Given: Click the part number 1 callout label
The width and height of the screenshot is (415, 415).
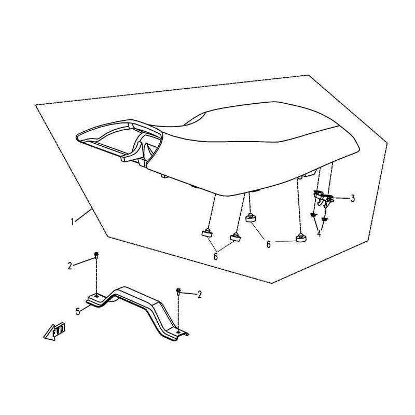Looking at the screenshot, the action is pyautogui.click(x=73, y=222).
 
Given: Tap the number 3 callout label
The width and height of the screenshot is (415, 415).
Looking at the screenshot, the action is pyautogui.click(x=353, y=199).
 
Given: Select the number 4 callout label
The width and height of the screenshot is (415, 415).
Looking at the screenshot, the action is pyautogui.click(x=319, y=233).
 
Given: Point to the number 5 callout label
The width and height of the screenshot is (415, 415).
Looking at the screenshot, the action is pyautogui.click(x=78, y=312).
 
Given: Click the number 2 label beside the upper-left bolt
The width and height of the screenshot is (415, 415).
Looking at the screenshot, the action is pyautogui.click(x=70, y=266).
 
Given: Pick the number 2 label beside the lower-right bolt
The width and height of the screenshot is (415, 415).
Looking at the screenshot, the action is pyautogui.click(x=199, y=294).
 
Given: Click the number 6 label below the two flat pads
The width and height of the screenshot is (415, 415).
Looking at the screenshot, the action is pyautogui.click(x=216, y=256).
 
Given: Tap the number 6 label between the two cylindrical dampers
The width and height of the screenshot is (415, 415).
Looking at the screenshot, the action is pyautogui.click(x=269, y=244).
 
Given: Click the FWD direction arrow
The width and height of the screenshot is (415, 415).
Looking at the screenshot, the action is pyautogui.click(x=54, y=330).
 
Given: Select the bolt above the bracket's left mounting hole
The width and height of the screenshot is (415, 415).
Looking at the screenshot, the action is pyautogui.click(x=96, y=255).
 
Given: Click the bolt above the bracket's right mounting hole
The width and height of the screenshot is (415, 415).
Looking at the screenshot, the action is pyautogui.click(x=178, y=292).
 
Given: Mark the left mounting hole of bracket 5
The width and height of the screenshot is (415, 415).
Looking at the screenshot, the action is pyautogui.click(x=97, y=296).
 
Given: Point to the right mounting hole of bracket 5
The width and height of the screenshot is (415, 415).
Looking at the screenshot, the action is pyautogui.click(x=178, y=331).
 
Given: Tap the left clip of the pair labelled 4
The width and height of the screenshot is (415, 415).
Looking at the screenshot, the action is pyautogui.click(x=313, y=215).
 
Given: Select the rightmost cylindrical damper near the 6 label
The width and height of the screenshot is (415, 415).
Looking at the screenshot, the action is pyautogui.click(x=301, y=238).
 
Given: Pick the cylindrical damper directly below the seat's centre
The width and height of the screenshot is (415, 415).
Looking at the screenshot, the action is pyautogui.click(x=252, y=218).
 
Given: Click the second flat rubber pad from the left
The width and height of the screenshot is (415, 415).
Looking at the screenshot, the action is pyautogui.click(x=236, y=237).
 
